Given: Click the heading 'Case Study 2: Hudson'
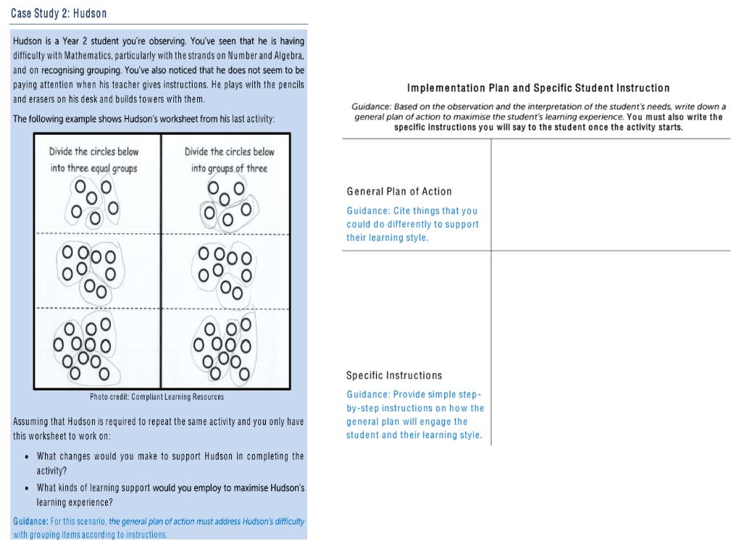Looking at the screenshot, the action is click(x=59, y=14).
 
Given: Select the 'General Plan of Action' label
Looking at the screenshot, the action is click(x=399, y=191).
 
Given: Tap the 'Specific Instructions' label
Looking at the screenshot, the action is click(x=394, y=375).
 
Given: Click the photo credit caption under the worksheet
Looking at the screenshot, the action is click(x=157, y=397).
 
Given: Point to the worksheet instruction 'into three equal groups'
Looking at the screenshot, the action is click(x=93, y=168).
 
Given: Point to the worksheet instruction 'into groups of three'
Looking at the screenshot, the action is click(x=229, y=168).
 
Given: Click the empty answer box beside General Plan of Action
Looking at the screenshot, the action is click(x=610, y=194).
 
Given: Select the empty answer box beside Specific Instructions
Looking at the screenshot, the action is click(x=610, y=348).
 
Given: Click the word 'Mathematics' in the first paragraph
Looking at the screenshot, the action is click(x=76, y=56).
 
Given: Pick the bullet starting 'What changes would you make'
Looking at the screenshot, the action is click(x=170, y=456).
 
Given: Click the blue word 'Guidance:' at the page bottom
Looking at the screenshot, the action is click(x=31, y=521).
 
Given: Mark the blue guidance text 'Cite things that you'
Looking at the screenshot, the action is click(x=412, y=211).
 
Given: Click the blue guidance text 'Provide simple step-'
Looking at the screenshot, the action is click(x=414, y=395).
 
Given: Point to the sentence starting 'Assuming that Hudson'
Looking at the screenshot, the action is click(x=158, y=422).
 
